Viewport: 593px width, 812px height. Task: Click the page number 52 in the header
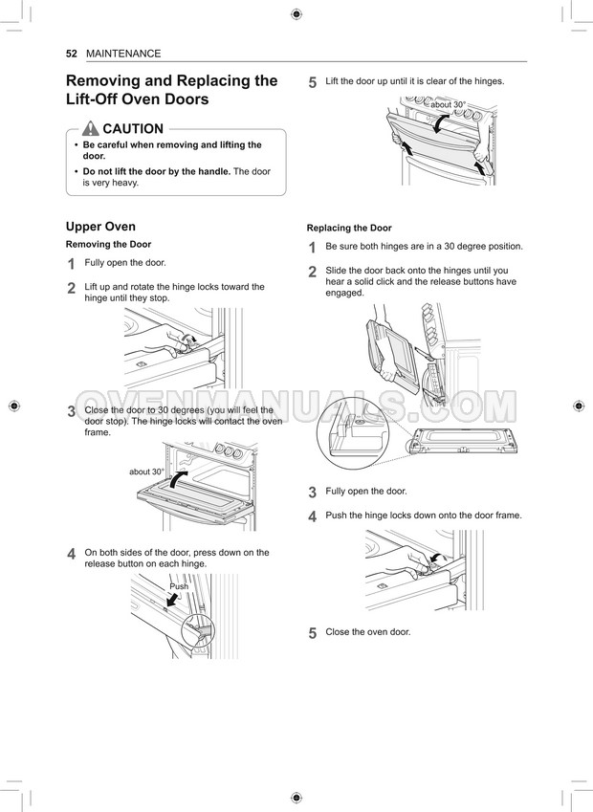(72, 54)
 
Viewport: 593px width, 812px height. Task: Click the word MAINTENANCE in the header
(123, 54)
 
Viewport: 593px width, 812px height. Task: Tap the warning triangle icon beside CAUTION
(90, 128)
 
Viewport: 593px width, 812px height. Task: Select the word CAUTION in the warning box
(133, 128)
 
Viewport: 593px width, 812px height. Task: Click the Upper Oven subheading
(100, 227)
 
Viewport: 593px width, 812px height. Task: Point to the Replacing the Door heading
(349, 228)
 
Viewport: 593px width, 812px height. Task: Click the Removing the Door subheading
(108, 245)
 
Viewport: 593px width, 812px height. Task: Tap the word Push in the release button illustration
(179, 586)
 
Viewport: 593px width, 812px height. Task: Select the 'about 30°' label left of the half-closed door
(146, 472)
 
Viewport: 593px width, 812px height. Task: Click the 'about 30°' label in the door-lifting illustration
(449, 104)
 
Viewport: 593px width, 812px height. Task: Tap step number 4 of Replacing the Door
(313, 516)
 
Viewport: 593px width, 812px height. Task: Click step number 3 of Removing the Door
(72, 411)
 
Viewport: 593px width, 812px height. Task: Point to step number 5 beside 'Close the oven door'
(313, 633)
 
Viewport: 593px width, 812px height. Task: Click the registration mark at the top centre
(296, 14)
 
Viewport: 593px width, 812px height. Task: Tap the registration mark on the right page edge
(579, 406)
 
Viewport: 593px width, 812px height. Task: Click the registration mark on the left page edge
(14, 406)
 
